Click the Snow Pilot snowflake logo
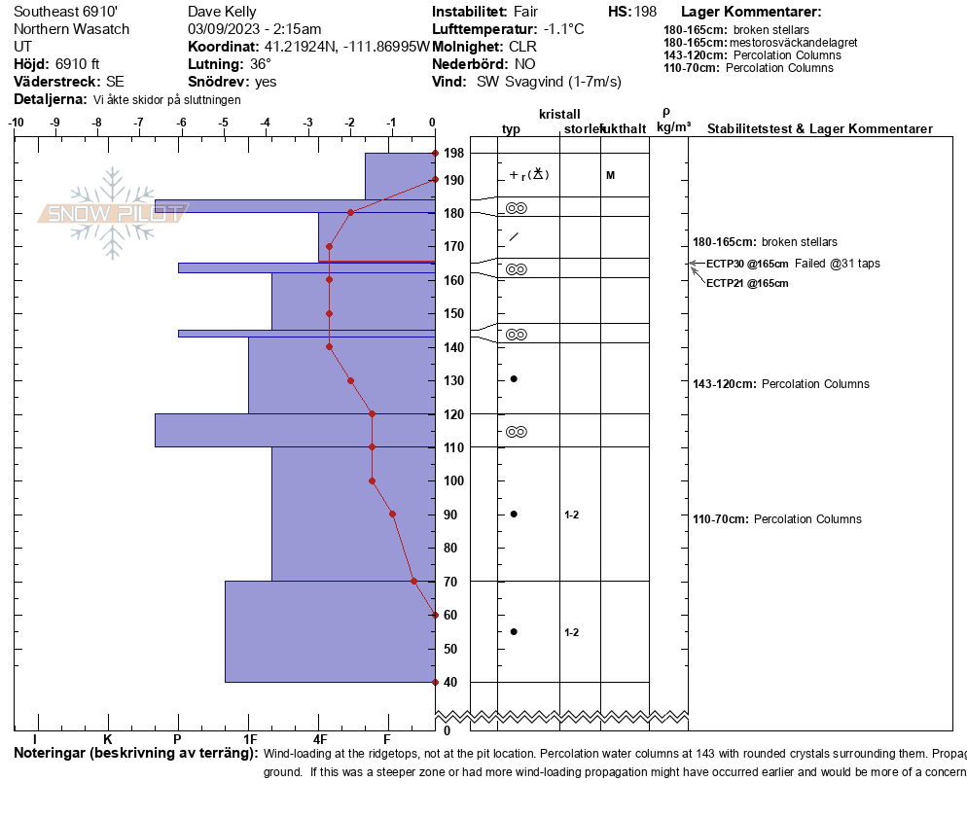click(113, 213)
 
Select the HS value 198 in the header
click(645, 12)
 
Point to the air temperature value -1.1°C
click(564, 29)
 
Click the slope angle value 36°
click(261, 64)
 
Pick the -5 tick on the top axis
click(224, 123)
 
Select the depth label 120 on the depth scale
click(453, 413)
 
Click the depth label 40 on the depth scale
click(450, 682)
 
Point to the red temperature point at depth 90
click(392, 514)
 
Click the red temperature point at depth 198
click(435, 154)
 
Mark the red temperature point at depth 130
click(350, 380)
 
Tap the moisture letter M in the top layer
click(610, 175)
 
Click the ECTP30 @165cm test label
click(747, 264)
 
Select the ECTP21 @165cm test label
click(747, 283)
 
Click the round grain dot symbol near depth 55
click(514, 631)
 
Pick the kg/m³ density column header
click(673, 127)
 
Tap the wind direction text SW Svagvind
click(549, 82)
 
